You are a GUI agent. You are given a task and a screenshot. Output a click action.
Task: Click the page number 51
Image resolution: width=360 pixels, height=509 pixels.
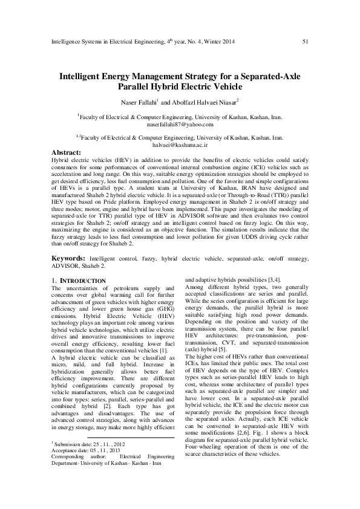[306, 41]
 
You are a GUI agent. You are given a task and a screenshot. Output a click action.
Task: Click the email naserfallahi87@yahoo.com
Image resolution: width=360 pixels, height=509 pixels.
[179, 125]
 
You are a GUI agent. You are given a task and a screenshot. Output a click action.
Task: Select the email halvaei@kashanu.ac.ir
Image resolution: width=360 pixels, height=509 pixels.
[179, 145]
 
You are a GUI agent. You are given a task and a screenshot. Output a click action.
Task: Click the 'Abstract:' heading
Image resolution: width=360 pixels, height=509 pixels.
[67, 154]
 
